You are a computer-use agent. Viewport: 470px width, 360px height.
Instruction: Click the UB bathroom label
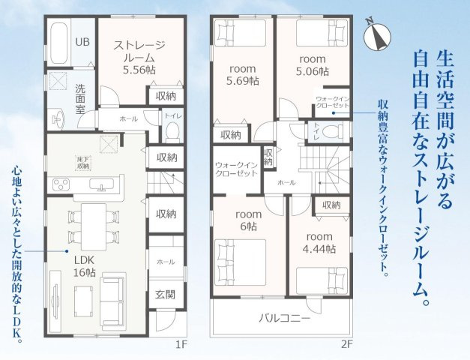(82, 41)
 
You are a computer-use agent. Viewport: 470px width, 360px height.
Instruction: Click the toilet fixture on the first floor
(171, 130)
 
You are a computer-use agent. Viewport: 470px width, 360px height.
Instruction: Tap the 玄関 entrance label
(166, 293)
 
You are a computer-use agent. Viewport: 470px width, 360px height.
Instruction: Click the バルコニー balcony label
(285, 318)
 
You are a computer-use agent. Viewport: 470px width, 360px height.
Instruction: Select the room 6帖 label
(248, 220)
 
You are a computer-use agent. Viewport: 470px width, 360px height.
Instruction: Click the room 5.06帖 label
(313, 65)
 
